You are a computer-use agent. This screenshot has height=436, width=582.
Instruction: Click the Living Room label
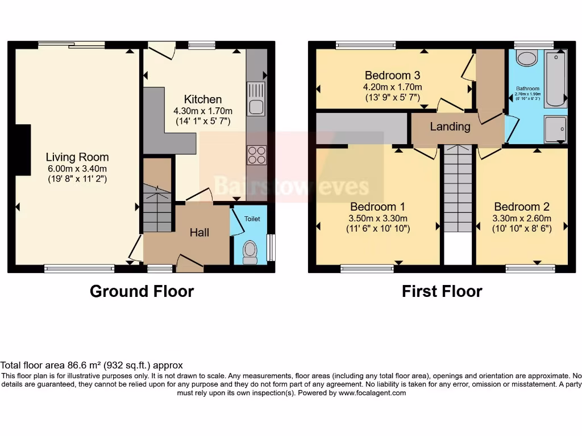(x=77, y=157)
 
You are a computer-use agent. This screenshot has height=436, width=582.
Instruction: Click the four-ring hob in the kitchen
(x=256, y=155)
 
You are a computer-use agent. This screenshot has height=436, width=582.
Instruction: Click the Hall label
(x=199, y=232)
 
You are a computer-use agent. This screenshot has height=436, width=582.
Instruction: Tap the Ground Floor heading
(x=142, y=291)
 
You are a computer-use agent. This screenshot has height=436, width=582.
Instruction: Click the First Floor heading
(x=442, y=291)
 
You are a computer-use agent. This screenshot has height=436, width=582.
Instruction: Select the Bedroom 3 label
(x=392, y=76)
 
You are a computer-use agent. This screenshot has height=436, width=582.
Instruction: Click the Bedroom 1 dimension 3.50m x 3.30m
(x=378, y=218)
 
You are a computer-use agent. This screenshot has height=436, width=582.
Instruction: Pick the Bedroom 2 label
(x=522, y=207)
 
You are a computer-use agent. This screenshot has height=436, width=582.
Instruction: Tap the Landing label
(x=450, y=127)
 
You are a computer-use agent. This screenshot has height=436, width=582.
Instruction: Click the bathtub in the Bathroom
(x=555, y=79)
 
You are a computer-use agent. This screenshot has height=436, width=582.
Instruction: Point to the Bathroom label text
(x=528, y=89)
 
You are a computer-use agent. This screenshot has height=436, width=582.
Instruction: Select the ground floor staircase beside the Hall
(x=157, y=208)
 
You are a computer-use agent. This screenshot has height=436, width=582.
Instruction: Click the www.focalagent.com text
(x=372, y=393)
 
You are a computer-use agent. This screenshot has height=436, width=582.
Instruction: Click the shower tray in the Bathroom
(x=555, y=128)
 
